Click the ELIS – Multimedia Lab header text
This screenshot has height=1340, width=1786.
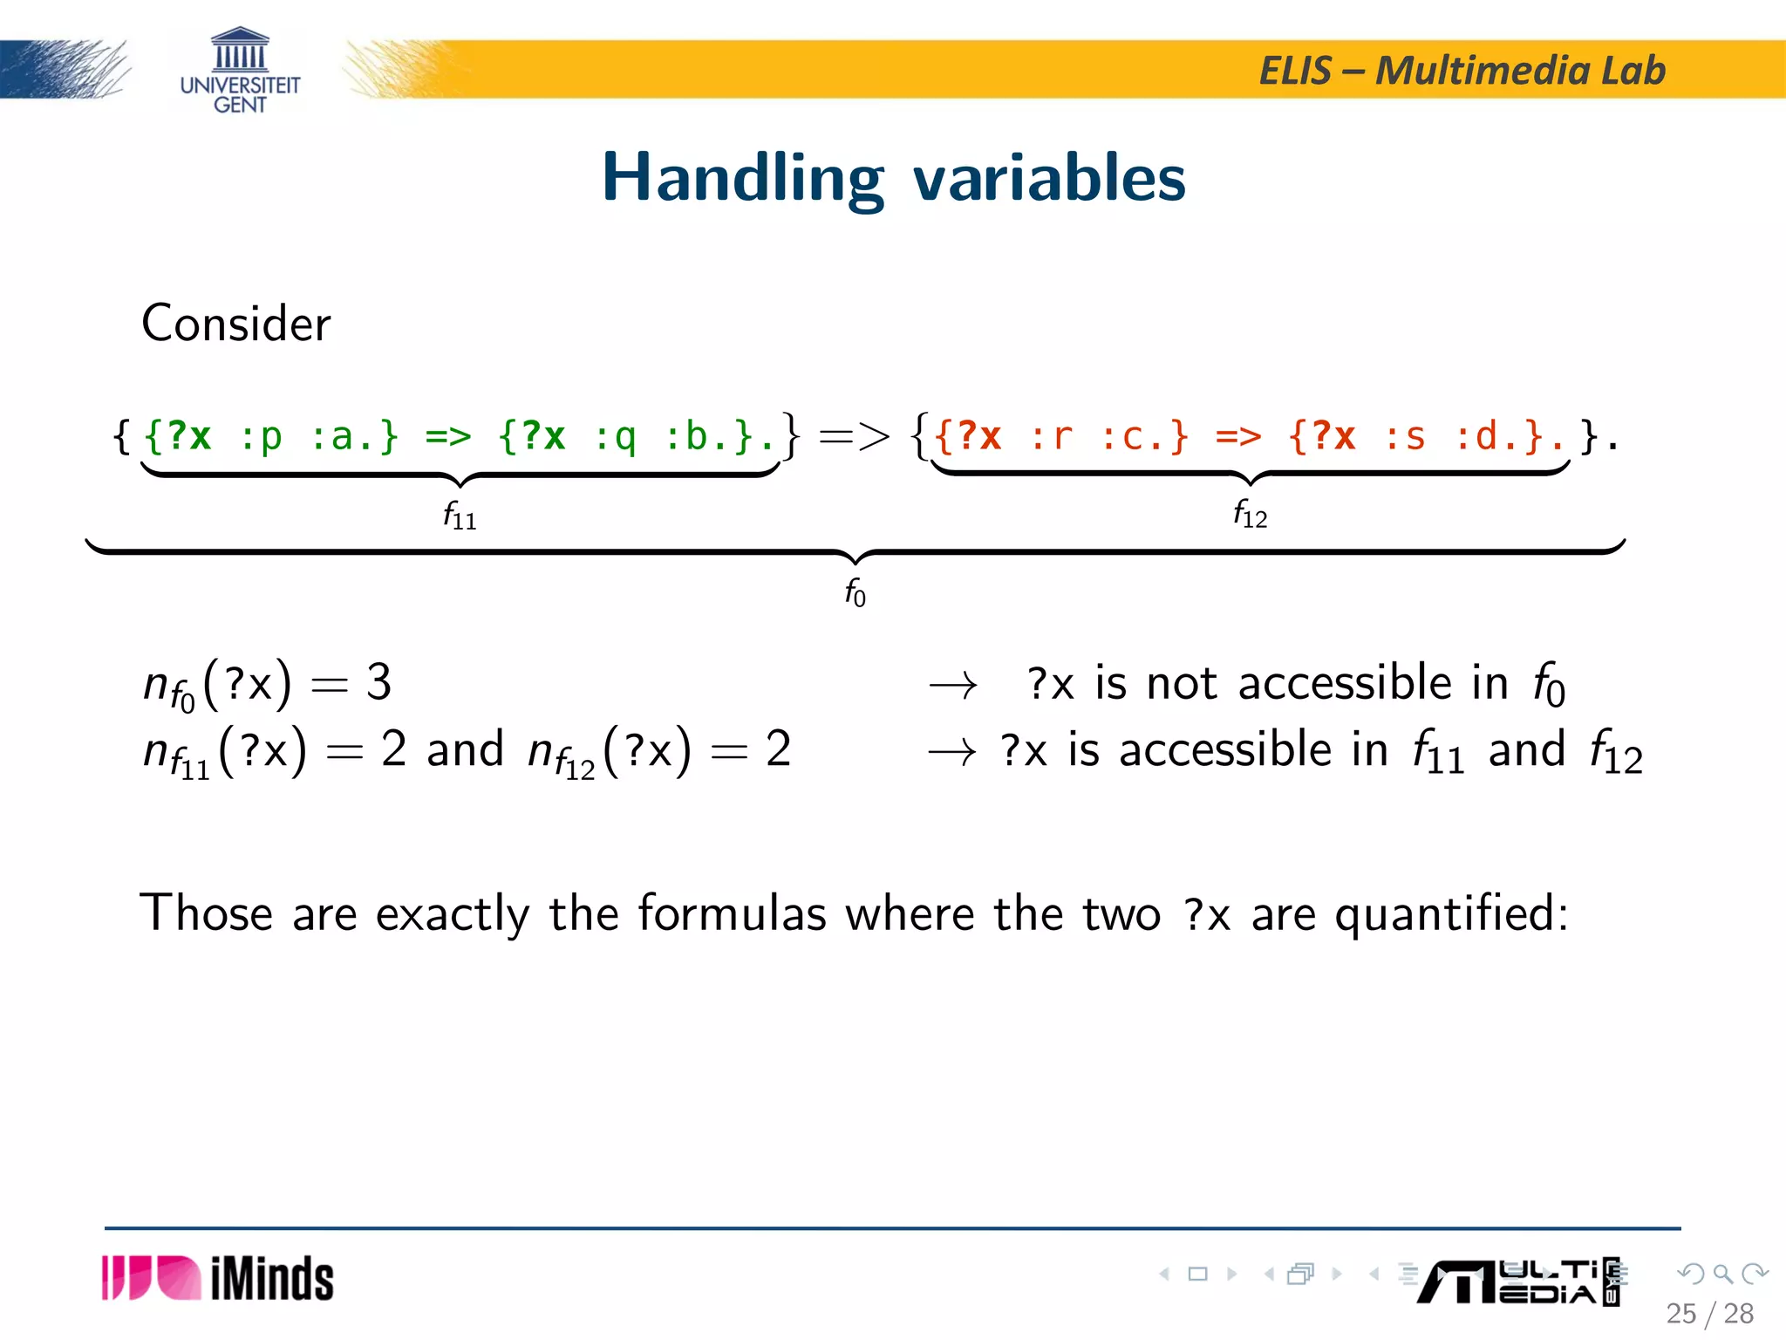1462,71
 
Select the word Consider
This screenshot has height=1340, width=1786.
235,324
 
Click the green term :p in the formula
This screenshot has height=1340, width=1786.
261,435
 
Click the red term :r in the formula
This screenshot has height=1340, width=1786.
1051,435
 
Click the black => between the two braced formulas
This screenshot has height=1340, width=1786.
855,435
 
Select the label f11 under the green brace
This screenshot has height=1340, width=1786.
460,516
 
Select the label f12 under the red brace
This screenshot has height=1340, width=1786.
1250,514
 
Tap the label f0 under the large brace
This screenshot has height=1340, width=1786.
855,592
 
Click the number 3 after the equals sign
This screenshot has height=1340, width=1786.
378,682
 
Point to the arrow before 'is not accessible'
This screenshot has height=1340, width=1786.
952,687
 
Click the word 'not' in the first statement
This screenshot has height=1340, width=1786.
1182,683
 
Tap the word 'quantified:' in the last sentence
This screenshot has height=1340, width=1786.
1451,915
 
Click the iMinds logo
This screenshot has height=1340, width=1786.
218,1279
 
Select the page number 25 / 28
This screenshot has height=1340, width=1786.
1709,1313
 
